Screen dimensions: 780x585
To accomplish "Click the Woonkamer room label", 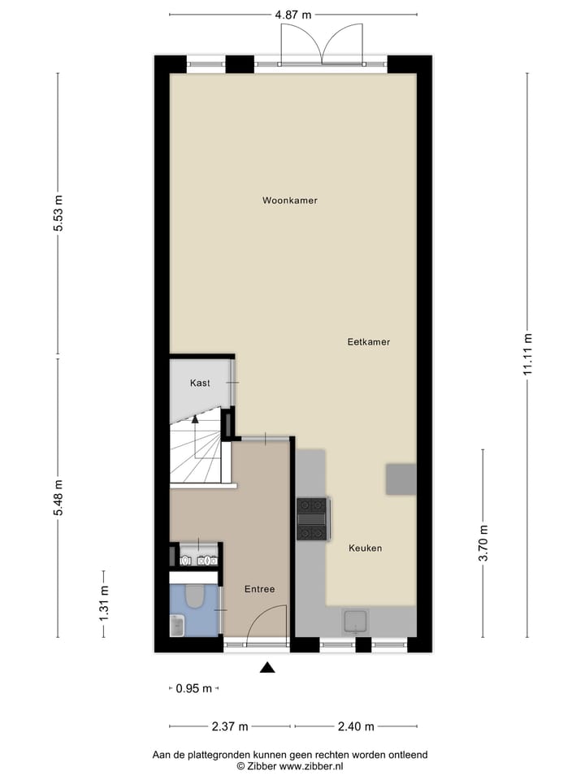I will point(289,200).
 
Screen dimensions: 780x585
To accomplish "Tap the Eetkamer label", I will point(368,342).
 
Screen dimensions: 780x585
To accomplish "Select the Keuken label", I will point(365,548).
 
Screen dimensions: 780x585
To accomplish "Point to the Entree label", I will point(259,589).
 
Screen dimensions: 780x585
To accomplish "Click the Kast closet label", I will point(201,383).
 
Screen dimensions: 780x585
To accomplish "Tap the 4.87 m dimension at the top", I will point(293,15).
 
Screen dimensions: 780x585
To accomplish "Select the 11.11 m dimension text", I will point(527,354).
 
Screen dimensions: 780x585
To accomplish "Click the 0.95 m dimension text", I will point(193,688).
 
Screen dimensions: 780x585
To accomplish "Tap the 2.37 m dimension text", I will point(230,726).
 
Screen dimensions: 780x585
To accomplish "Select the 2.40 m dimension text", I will point(355,726).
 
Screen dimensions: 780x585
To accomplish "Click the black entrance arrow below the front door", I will point(267,668).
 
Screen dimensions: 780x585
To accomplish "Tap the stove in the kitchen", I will point(312,518).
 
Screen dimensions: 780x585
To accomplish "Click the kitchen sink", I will point(355,622).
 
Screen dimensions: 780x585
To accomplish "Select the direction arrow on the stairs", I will point(194,420).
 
